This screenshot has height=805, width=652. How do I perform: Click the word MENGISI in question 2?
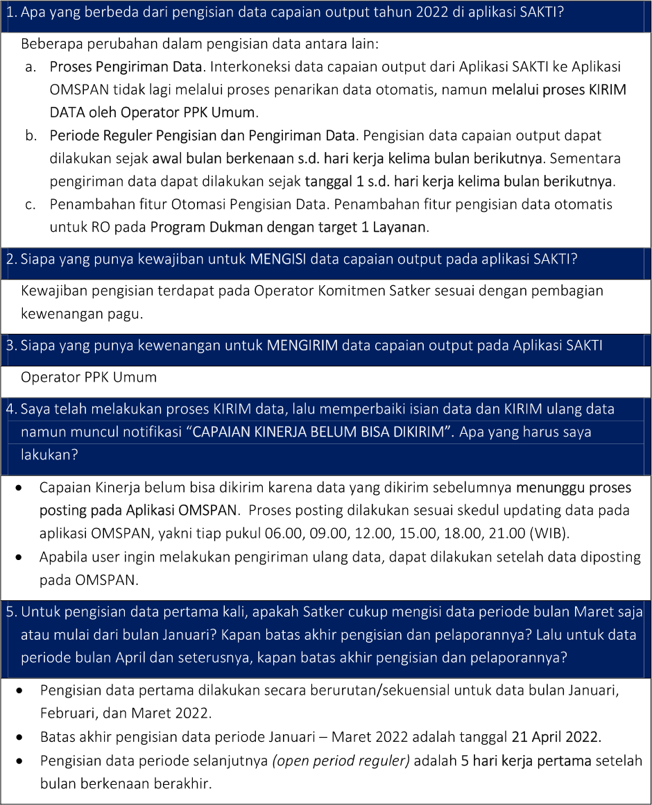(277, 260)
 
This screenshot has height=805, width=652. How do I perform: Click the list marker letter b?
(31, 135)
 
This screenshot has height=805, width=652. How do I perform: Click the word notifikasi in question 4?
(152, 432)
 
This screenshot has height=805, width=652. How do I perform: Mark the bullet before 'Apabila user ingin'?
(22, 557)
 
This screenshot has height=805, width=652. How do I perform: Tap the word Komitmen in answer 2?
(360, 290)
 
